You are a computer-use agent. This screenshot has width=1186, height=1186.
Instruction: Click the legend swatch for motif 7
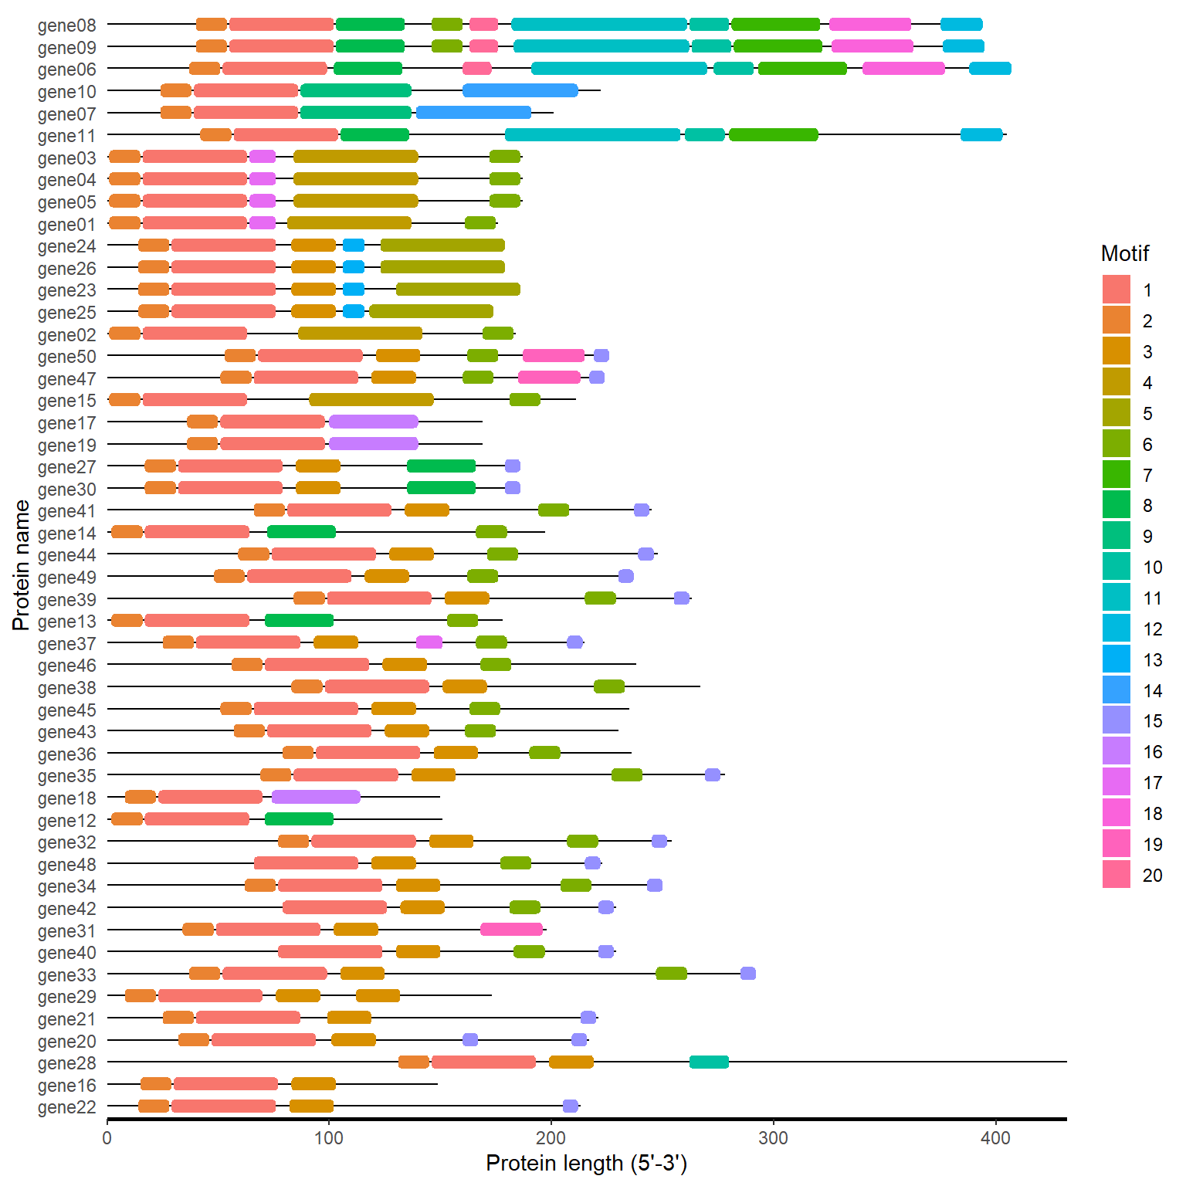coord(1116,474)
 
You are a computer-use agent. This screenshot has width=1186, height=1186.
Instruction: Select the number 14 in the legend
coord(1152,690)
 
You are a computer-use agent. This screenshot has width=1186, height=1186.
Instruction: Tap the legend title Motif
coord(1124,253)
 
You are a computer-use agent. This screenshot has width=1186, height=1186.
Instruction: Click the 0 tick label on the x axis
coord(107,1137)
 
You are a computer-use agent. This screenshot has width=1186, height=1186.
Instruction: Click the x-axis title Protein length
coord(586,1164)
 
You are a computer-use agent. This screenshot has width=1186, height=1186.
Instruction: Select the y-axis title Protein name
coord(22,564)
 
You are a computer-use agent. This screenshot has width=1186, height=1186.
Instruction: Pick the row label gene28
coord(67,1063)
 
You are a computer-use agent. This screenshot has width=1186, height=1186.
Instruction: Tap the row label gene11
coord(67,136)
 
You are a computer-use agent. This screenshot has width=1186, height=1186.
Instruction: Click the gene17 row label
coord(67,423)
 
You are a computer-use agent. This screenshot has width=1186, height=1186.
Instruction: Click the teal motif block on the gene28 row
coord(709,1062)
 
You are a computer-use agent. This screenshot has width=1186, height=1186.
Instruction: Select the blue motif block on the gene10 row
coord(520,90)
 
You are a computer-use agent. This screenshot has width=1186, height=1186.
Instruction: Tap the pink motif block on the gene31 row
coord(511,930)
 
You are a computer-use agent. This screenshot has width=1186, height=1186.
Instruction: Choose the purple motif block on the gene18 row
coord(316,797)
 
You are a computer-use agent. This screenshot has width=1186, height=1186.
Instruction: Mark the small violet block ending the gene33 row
coord(747,974)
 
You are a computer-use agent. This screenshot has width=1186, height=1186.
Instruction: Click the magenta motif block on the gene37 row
coord(429,642)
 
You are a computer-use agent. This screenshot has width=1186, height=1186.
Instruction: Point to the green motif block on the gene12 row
coord(299,819)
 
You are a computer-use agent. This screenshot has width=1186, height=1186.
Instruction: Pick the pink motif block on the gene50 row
coord(554,355)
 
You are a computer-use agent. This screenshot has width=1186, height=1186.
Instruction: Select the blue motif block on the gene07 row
coord(473,113)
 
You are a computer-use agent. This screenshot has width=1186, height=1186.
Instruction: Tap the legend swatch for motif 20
coord(1116,875)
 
